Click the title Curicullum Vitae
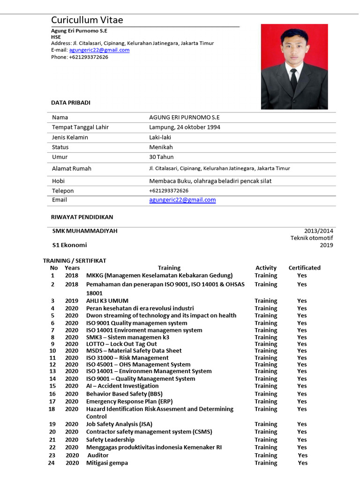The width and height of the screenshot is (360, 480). pos(87,20)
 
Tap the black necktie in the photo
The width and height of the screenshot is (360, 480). pos(293,79)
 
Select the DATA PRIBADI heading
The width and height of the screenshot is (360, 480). pos(70,103)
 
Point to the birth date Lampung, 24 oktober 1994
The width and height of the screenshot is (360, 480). pos(185,127)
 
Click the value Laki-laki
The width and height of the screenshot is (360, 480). pos(161,137)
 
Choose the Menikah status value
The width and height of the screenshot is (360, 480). pos(161,147)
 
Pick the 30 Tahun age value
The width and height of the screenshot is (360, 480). pos(161,157)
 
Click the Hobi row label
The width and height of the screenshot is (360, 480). pos(59,181)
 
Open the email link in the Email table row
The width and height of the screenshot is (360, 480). pos(182,200)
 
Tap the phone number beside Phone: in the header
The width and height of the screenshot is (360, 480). pos(89,57)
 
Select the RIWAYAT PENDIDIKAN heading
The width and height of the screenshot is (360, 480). pos(82,217)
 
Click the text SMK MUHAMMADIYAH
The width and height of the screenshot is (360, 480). pos(85,231)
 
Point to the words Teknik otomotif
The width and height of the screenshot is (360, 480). pos(312,238)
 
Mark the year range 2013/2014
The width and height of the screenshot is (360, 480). pos(319,231)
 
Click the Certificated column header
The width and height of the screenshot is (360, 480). pos(304,268)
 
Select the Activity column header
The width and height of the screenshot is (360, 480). pos(266,268)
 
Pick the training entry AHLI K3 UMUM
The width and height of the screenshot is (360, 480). pos(107,301)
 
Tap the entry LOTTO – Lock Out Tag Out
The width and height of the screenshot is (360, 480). pos(121,344)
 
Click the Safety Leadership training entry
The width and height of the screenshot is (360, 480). pos(110,440)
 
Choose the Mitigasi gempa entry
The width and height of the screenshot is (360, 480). pos(107,463)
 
